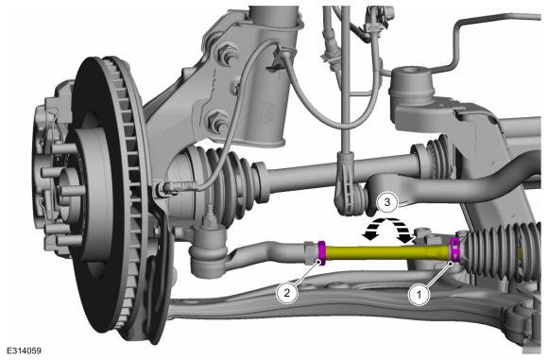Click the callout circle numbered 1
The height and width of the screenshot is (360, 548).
pyautogui.click(x=420, y=295)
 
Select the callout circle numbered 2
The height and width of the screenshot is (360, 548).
pyautogui.click(x=287, y=293)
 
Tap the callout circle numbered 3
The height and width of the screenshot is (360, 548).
pyautogui.click(x=386, y=202)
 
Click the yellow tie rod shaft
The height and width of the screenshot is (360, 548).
pyautogui.click(x=387, y=252)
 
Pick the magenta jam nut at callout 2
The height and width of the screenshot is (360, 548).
pyautogui.click(x=321, y=253)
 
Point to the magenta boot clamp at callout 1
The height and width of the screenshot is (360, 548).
pyautogui.click(x=454, y=249)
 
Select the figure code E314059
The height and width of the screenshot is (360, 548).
pyautogui.click(x=24, y=351)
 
